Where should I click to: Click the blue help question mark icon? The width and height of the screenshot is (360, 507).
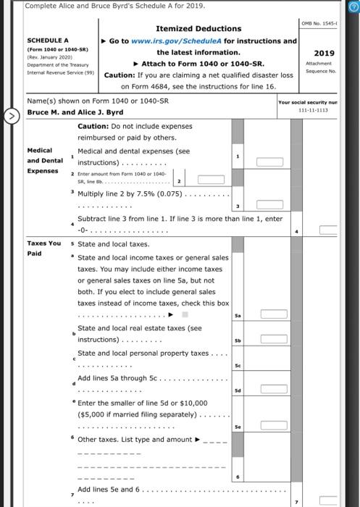[x=353, y=6]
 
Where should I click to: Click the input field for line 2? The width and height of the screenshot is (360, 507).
[x=206, y=181]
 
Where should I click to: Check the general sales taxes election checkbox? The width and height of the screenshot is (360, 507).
[x=185, y=314]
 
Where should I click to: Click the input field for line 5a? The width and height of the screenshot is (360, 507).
[x=274, y=314]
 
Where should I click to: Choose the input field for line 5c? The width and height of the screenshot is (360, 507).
[x=274, y=365]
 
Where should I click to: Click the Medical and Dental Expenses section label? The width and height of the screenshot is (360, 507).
[x=45, y=161]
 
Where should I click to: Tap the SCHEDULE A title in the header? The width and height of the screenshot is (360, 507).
[x=49, y=41]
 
